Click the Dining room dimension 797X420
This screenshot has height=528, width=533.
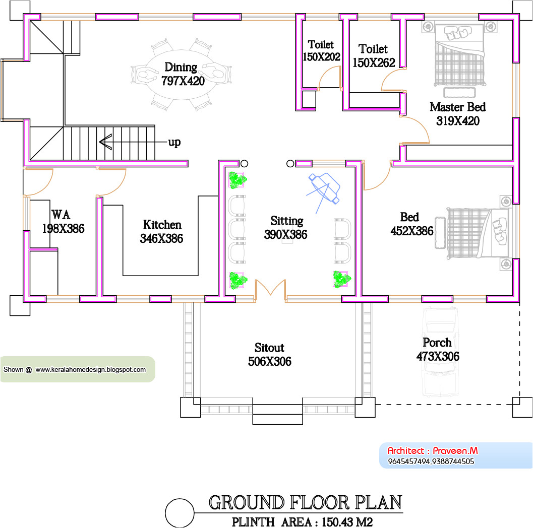point(183,81)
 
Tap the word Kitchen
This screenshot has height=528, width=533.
point(162,225)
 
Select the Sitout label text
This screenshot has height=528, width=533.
point(269,348)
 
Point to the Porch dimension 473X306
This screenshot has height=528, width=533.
point(438,356)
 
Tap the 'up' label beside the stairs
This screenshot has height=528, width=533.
point(174,142)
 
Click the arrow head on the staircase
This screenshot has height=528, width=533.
point(105,142)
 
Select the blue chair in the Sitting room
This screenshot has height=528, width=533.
point(324,188)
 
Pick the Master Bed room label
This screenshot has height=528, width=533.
point(457,107)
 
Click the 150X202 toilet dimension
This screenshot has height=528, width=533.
point(321,57)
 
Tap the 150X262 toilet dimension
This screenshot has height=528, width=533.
point(374,62)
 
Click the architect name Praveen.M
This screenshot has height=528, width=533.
point(455,450)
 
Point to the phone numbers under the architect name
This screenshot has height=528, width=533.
point(431,461)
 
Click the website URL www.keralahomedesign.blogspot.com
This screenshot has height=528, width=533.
point(90,369)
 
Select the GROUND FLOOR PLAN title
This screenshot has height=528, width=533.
point(305,502)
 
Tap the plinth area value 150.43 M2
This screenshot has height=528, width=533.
point(347,522)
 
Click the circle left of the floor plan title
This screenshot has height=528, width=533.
point(180,513)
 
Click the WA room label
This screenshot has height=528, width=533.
point(61,215)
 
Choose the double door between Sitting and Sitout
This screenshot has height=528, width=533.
point(270,288)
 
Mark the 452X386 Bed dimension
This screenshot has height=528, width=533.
point(411,231)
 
